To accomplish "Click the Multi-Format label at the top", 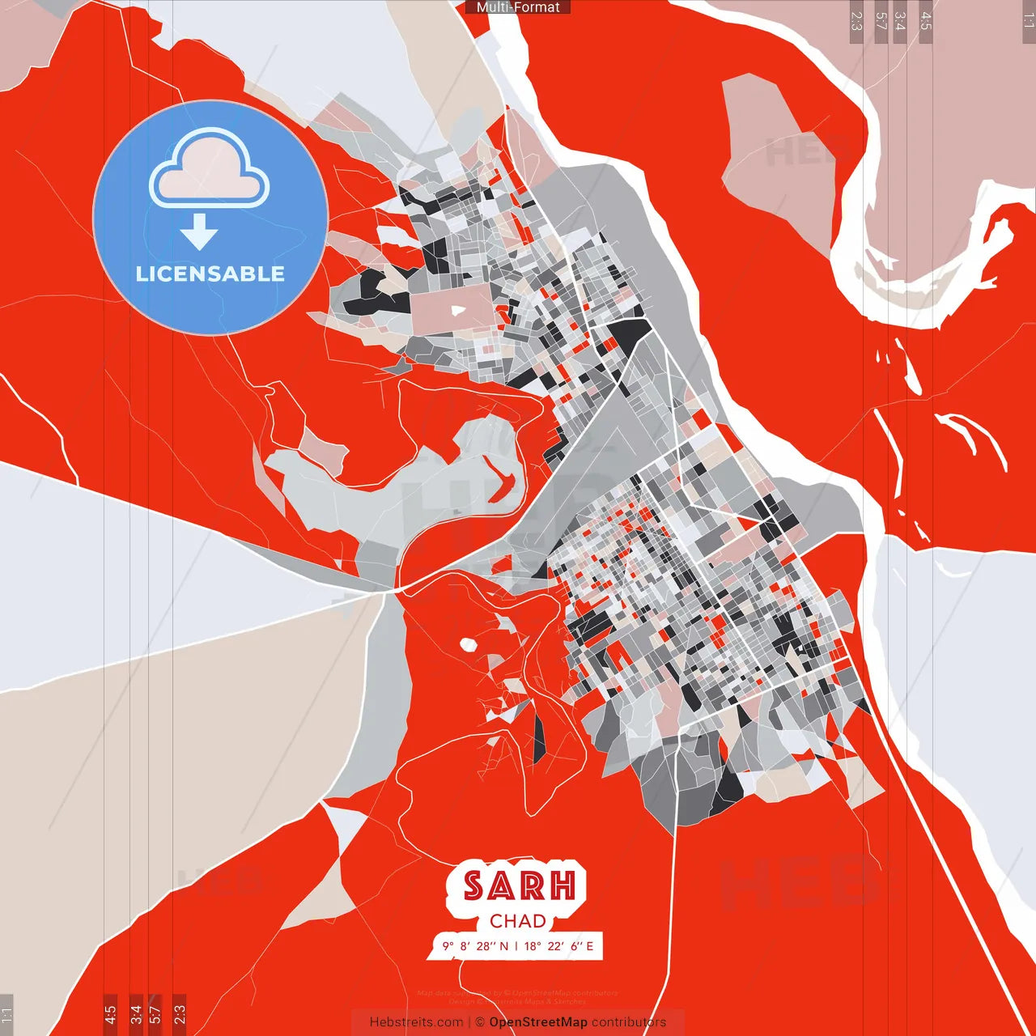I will [x=518, y=7].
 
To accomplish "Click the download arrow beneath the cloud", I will [x=199, y=232].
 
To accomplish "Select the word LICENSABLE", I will [x=210, y=274].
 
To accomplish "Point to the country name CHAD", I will [x=518, y=921].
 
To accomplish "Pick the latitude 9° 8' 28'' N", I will [x=476, y=946].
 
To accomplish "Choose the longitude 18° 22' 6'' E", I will [x=559, y=946].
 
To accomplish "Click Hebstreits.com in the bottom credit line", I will [x=416, y=1022].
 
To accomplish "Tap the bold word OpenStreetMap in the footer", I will [x=538, y=1022].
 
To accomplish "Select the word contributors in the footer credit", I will [x=629, y=1022].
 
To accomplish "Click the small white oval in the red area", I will [x=467, y=644].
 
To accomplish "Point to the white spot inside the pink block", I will [x=458, y=310].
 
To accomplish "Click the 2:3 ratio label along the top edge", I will [x=856, y=21].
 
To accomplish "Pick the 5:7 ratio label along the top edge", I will [x=881, y=21].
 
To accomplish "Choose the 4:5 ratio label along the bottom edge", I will [x=110, y=1013].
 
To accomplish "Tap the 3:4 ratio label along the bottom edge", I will [x=136, y=1013].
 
